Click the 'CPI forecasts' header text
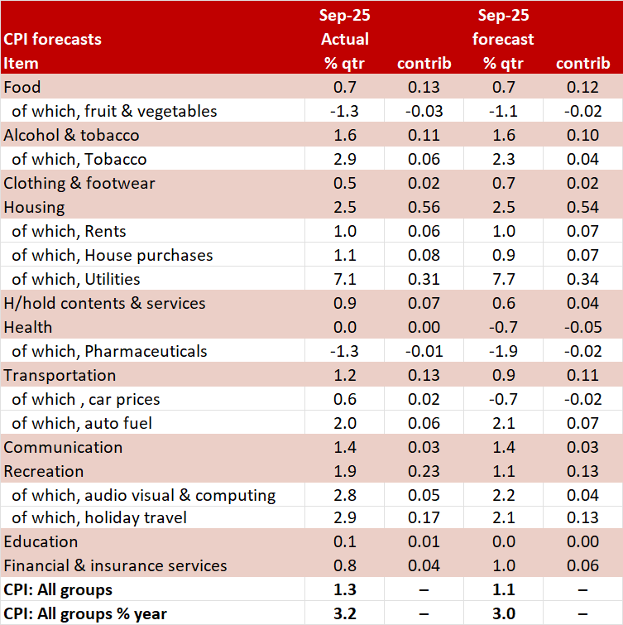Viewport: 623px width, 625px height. pos(53,39)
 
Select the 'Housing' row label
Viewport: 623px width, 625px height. pos(34,207)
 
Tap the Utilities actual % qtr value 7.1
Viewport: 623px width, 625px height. pos(344,279)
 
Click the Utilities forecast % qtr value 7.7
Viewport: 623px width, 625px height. pos(502,279)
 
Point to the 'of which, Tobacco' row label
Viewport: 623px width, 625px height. pos(79,159)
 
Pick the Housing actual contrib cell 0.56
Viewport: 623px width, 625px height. pos(424,207)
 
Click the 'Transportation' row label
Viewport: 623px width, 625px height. pos(60,375)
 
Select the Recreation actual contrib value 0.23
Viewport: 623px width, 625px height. pos(424,471)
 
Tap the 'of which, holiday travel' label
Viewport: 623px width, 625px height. pos(98,519)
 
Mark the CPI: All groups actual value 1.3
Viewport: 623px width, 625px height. pos(344,590)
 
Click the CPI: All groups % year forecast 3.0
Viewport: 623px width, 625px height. pos(502,614)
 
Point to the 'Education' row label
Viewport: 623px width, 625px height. pos(41,542)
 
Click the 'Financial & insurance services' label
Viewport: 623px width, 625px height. pos(115,566)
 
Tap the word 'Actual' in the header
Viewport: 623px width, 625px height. pos(344,39)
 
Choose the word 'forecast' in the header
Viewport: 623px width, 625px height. pos(503,39)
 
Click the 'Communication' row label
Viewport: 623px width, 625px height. pos(63,447)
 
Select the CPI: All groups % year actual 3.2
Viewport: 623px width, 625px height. pos(344,614)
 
